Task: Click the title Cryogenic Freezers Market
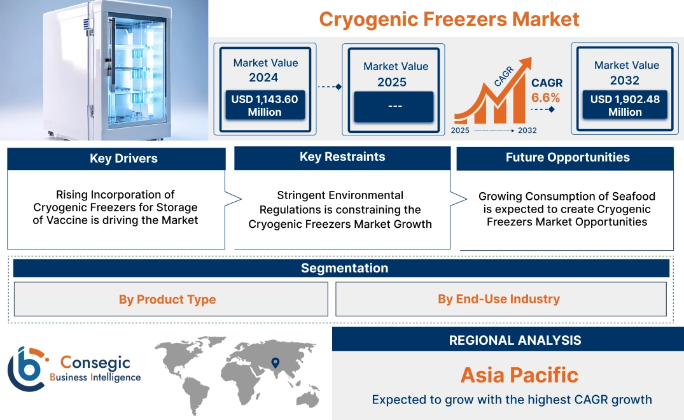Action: pos(449,19)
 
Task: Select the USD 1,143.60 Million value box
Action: pos(264,105)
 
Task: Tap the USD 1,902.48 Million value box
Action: pos(625,105)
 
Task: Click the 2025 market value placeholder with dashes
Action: pos(394,106)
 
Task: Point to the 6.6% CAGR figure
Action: pos(546,97)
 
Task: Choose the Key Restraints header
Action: pos(342,157)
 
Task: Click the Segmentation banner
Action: pos(344,268)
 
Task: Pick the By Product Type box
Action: pos(167,299)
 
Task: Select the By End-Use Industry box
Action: pos(499,298)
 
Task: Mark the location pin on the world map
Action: pos(276,363)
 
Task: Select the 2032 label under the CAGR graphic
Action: pos(527,130)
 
